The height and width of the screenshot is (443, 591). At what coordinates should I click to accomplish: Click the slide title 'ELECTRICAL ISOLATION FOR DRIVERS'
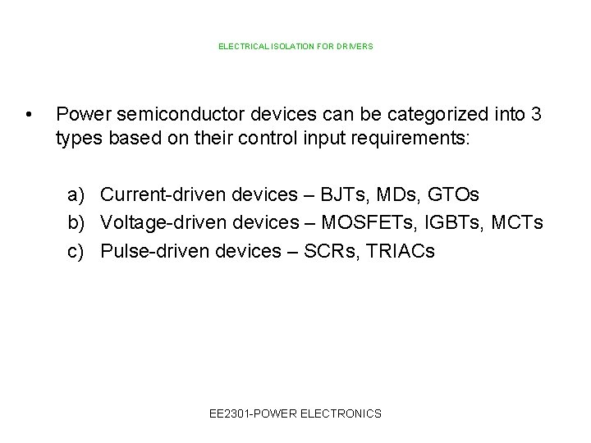(295, 47)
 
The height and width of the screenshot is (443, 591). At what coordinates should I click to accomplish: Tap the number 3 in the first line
(535, 114)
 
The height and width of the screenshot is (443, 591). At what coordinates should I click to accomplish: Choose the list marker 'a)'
(77, 195)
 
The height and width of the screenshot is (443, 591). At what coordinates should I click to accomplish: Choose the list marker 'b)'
(77, 223)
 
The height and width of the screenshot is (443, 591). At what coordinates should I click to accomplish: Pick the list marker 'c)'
(77, 251)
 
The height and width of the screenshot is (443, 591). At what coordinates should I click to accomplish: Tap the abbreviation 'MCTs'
(521, 223)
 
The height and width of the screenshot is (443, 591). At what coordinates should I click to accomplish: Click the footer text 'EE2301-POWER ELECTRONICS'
(295, 413)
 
